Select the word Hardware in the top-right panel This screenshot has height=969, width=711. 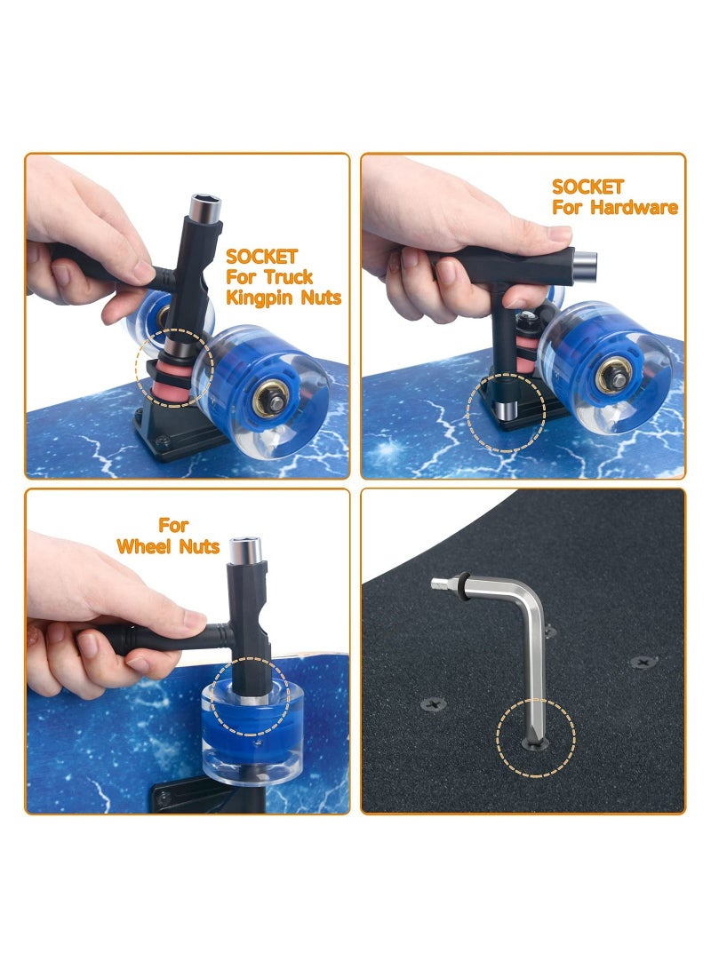(634, 208)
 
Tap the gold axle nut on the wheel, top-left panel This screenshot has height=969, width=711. (272, 399)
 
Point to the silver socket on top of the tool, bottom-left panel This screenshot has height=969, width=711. (245, 550)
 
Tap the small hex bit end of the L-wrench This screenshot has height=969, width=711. (440, 583)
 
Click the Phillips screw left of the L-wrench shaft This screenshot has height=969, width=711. (434, 703)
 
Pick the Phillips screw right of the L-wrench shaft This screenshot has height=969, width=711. (643, 663)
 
